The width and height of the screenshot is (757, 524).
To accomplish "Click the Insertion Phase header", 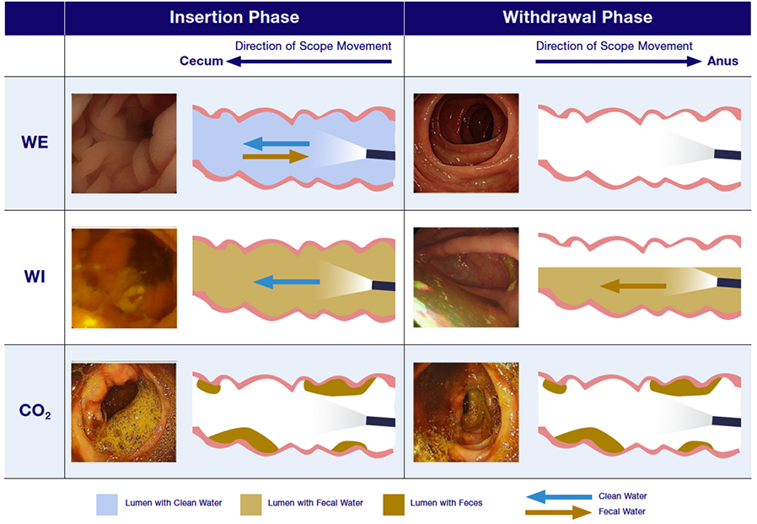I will (234, 17).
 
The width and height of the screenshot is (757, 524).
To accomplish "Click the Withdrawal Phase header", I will (577, 17).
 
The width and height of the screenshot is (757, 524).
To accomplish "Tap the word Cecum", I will (201, 61).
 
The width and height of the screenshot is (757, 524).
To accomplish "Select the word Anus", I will (722, 61).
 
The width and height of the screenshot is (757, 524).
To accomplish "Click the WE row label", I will (35, 143).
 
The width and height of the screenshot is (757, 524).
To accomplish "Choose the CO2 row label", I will (35, 413).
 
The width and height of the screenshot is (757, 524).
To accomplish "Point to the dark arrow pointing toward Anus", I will (620, 61).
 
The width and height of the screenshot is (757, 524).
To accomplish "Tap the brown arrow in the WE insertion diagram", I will (275, 156).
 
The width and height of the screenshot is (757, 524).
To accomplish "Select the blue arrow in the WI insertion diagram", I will (286, 283).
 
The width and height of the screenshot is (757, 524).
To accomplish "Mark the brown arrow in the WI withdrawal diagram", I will (632, 287).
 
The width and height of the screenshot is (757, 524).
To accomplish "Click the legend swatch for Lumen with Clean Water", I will (105, 504).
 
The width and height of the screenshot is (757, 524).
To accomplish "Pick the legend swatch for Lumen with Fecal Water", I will (251, 504).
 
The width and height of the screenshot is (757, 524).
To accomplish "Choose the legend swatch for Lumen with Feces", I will (393, 504).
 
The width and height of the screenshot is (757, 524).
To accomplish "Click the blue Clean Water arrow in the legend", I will (557, 496).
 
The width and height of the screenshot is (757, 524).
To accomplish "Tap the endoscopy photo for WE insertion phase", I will (124, 143).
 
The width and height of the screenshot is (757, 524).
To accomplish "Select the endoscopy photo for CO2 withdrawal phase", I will (466, 413).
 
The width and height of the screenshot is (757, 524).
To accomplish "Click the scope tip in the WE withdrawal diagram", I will (727, 155).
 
